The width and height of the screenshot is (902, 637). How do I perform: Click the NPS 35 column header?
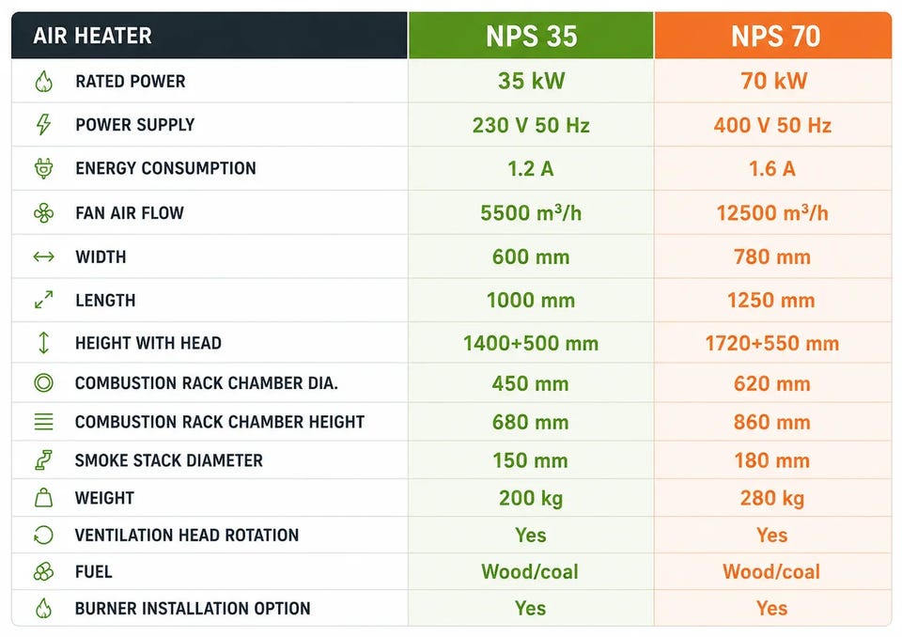tap(531, 36)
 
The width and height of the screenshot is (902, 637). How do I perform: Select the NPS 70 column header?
tap(775, 36)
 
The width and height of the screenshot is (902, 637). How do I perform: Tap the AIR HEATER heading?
tap(93, 36)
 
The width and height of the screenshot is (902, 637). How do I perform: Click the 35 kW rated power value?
tap(532, 81)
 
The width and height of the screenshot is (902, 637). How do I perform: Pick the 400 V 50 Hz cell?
tap(772, 126)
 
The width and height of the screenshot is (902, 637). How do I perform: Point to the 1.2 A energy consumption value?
tap(530, 168)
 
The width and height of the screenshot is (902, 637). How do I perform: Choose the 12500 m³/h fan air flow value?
tap(772, 213)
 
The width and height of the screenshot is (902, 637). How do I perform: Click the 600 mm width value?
tap(530, 256)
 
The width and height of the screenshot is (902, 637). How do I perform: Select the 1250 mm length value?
tap(770, 301)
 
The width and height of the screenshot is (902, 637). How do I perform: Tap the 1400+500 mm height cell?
tap(530, 344)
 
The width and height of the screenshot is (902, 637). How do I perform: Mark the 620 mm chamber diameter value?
tap(772, 384)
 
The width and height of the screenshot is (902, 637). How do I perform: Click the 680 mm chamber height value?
tap(530, 423)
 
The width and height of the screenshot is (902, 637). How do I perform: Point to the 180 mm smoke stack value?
tap(772, 461)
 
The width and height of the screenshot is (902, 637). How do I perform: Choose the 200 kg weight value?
tap(530, 498)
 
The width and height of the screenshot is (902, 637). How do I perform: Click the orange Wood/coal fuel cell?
tap(771, 571)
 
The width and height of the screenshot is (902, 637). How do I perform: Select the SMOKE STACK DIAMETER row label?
tap(168, 460)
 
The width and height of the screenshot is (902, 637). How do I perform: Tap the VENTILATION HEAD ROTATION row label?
tap(187, 536)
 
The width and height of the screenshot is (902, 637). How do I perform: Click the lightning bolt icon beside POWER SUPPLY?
tap(44, 124)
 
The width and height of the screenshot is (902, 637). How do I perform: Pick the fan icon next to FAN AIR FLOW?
tap(44, 213)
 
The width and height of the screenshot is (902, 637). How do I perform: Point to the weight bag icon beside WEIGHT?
tap(44, 497)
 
